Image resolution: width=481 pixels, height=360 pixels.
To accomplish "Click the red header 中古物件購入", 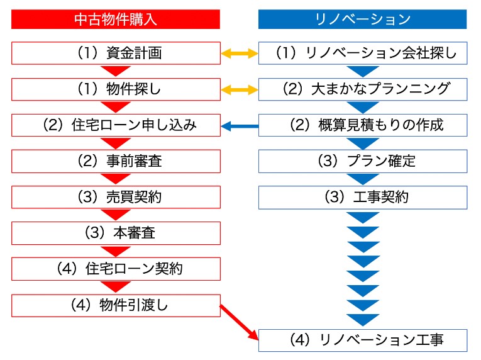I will tap(115, 19).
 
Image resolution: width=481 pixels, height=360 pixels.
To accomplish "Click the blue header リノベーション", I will tap(363, 19).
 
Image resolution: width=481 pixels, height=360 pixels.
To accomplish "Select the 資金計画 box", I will tap(115, 53).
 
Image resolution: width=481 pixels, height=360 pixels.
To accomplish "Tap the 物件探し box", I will tap(115, 89).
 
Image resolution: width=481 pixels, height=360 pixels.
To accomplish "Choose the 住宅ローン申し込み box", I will tap(115, 125).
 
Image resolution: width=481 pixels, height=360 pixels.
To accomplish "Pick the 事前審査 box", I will tap(115, 161).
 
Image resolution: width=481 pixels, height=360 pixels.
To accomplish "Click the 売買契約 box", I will tap(115, 197).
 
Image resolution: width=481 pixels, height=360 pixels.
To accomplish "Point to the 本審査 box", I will tap(115, 233).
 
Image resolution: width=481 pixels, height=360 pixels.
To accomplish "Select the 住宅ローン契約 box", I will tap(115, 269).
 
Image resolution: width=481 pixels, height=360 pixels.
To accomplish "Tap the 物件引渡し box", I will tap(115, 305).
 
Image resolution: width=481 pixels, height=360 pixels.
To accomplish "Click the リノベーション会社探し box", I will tap(363, 53).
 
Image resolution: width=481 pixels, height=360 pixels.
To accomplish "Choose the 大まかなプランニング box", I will tap(363, 89).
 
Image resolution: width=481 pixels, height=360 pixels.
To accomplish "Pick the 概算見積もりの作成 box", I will tap(363, 125).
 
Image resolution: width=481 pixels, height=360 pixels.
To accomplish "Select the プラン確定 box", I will tap(363, 161).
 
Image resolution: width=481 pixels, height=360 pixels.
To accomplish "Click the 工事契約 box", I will tap(363, 197).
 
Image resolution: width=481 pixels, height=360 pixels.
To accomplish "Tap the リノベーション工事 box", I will tap(363, 340).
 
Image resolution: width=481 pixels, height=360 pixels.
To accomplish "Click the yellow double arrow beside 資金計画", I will tap(239, 53).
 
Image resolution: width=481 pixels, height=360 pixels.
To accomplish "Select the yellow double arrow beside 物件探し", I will tap(239, 90).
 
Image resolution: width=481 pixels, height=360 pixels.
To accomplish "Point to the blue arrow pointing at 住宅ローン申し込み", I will tap(239, 127).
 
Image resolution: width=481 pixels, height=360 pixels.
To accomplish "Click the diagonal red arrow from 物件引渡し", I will tap(240, 322).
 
